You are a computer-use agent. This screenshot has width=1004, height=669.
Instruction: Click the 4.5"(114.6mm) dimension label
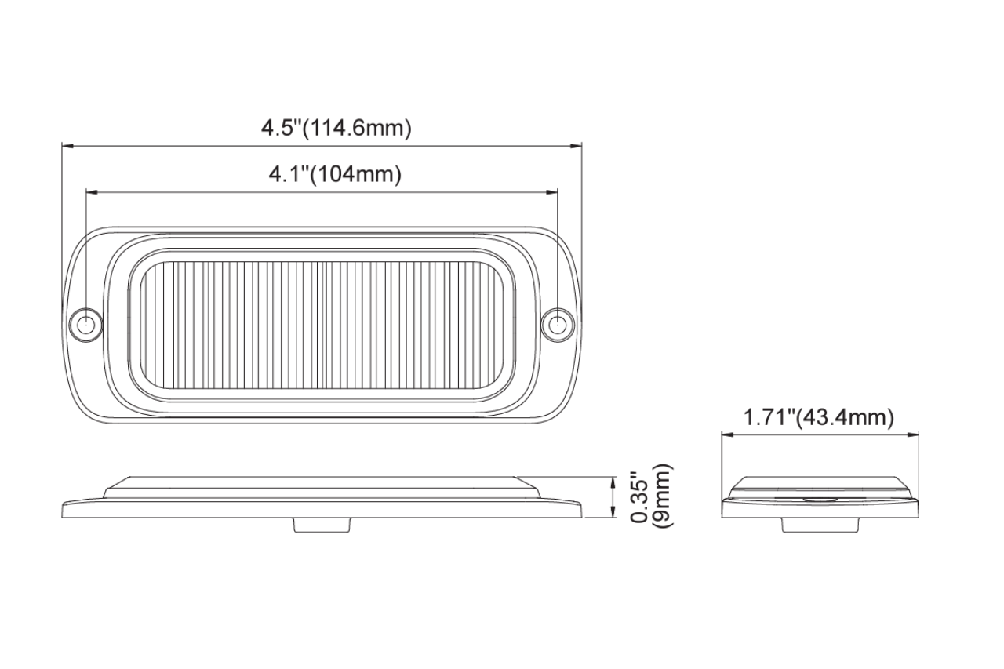(x=336, y=129)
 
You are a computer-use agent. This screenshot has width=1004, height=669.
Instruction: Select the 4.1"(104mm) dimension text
(x=336, y=174)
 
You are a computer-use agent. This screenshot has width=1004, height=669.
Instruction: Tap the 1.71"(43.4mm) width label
(x=819, y=418)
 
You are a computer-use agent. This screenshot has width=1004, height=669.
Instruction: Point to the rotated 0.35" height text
(x=640, y=498)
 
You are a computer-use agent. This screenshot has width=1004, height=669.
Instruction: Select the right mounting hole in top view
(x=558, y=324)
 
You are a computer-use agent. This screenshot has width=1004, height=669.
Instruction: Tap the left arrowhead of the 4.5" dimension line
(x=67, y=145)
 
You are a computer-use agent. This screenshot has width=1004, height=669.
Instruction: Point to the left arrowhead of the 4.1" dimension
(x=90, y=191)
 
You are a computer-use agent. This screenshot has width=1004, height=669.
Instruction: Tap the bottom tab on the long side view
(x=321, y=525)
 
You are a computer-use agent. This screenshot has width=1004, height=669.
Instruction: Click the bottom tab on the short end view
(x=819, y=525)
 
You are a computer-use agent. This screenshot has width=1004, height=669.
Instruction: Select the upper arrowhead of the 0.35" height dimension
(x=613, y=480)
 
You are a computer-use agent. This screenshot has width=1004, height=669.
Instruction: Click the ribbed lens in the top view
(x=322, y=324)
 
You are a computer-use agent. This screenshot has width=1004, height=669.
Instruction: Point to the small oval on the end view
(x=819, y=498)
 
